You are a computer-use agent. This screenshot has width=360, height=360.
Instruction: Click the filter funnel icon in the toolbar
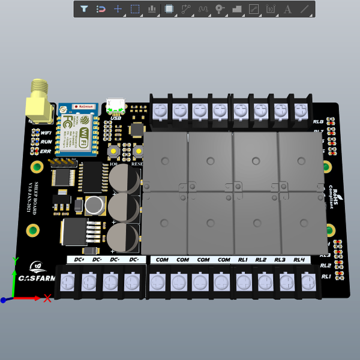84,9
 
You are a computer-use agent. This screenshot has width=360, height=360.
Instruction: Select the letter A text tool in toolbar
287,9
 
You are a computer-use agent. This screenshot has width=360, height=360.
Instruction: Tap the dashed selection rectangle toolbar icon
135,9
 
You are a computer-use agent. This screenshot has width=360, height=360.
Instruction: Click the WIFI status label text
46,133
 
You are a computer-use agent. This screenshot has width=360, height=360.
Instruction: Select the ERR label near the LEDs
46,151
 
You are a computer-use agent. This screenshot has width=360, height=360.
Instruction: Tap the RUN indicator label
46,142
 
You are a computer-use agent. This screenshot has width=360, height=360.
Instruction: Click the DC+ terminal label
78,260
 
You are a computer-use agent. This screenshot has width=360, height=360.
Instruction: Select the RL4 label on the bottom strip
299,260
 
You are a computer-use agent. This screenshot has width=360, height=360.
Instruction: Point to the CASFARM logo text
35,278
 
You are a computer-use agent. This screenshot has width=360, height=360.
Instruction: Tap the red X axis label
47,298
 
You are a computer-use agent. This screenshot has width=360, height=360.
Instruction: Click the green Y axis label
14,261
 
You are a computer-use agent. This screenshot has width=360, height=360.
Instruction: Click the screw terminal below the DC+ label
69,281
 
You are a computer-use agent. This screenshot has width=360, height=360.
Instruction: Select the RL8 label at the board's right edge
319,122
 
